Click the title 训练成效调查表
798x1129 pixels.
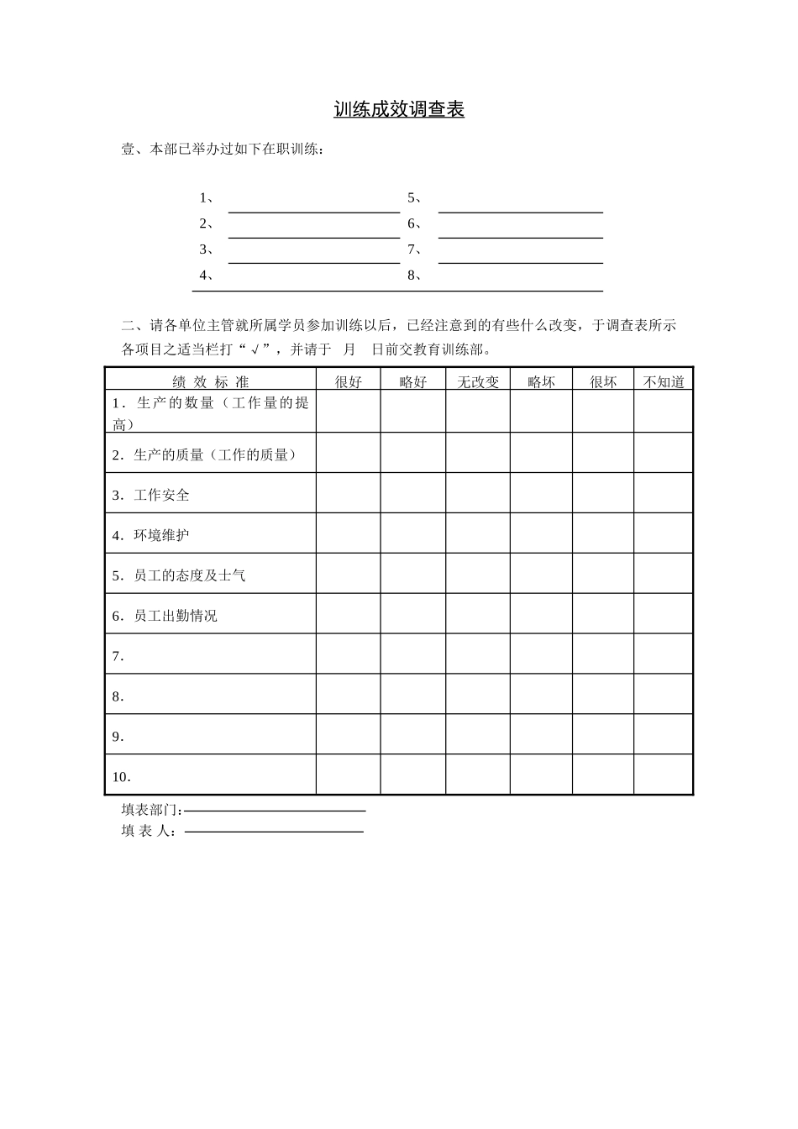click(399, 110)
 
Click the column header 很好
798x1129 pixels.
click(348, 382)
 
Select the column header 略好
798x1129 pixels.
click(412, 382)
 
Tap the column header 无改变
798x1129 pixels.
click(477, 382)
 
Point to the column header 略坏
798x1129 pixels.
click(541, 382)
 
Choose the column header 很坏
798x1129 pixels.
click(603, 382)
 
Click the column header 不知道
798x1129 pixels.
click(664, 382)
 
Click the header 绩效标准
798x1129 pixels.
click(210, 382)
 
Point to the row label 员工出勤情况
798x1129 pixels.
click(175, 617)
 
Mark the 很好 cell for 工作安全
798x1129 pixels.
click(348, 493)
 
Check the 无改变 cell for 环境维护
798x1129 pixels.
click(477, 533)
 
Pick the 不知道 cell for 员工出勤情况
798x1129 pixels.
click(664, 614)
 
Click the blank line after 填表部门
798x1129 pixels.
click(275, 810)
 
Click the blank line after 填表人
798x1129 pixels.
click(274, 831)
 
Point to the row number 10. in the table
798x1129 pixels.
click(122, 777)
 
